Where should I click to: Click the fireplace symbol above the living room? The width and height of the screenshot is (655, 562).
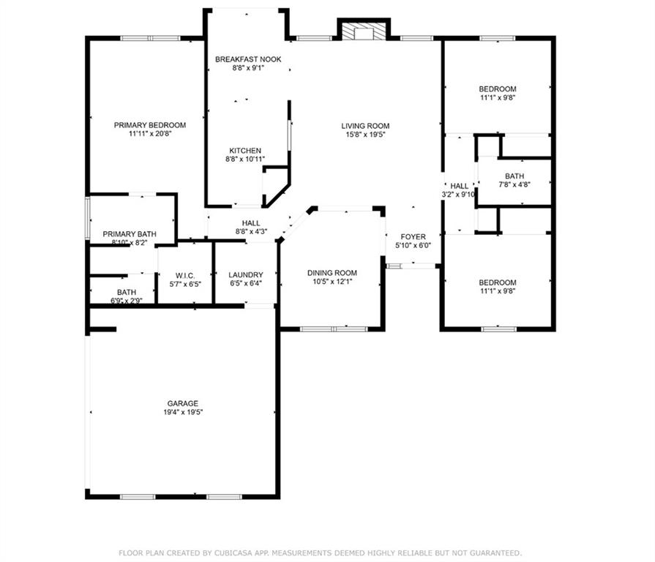[364, 31]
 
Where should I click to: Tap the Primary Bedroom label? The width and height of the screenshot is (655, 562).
[150, 125]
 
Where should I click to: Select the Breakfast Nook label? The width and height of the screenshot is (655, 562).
[247, 59]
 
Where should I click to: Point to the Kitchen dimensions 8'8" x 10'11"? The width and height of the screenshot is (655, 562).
[245, 159]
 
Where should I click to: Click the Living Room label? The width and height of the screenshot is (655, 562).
[365, 126]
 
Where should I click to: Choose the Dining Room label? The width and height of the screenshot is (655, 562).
[332, 273]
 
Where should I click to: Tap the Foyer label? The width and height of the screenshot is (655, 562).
[413, 236]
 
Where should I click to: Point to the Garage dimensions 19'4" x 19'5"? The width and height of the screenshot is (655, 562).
[182, 413]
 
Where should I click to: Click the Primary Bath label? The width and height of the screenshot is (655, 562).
[129, 233]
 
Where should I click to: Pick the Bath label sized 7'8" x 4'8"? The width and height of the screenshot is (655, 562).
[514, 176]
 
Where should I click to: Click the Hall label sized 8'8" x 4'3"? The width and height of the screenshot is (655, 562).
[252, 223]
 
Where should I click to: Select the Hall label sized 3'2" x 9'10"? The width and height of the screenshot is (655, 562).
[459, 186]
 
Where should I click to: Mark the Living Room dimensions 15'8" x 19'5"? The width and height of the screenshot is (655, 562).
[365, 135]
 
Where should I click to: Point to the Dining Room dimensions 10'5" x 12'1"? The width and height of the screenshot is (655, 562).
[332, 282]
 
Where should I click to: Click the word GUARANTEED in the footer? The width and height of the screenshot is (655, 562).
[495, 552]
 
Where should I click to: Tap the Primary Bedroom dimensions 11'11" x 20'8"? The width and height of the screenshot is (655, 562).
[150, 134]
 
